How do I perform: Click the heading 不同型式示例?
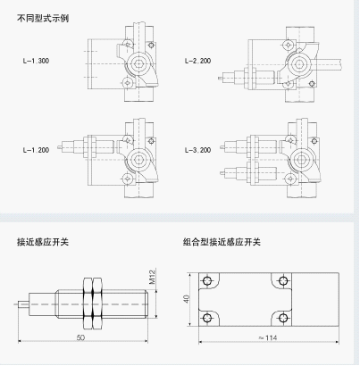43,19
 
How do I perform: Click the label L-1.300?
36,61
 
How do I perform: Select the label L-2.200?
197,61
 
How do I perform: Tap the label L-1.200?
36,150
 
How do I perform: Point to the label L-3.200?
197,150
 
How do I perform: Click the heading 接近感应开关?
43,242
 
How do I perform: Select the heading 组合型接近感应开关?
222,242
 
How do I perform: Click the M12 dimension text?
152,277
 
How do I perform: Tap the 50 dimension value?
80,337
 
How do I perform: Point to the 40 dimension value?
187,299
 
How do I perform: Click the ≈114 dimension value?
268,337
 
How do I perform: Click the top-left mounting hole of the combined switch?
207,280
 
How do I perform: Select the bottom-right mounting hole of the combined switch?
283,318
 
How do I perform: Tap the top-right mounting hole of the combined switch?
283,280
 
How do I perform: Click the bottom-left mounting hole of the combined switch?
207,318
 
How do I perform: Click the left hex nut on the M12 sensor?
88,304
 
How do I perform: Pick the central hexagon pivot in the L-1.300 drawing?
138,63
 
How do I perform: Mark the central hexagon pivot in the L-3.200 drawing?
301,159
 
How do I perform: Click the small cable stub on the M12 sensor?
23,304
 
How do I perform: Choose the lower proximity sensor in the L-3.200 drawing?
249,173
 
